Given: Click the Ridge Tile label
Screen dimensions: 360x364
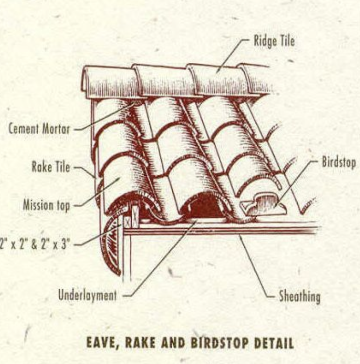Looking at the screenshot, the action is [x=274, y=42].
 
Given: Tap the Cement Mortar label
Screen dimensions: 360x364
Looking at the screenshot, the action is [x=39, y=128].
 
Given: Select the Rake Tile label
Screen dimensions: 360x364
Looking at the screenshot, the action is [x=51, y=167].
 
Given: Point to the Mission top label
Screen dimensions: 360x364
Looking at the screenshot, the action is [x=46, y=206].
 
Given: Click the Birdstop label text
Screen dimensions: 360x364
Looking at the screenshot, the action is [x=339, y=162].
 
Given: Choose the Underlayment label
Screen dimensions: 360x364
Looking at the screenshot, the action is [x=87, y=295].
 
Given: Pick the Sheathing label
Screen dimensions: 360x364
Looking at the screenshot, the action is [x=300, y=296].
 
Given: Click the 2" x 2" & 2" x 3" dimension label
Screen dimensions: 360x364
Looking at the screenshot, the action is [x=34, y=244].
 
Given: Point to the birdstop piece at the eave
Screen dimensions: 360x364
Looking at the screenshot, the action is [x=263, y=204].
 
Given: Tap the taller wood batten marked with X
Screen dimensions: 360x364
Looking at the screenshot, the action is [x=135, y=216].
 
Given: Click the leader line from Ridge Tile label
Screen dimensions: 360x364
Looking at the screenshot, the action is [x=232, y=56].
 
